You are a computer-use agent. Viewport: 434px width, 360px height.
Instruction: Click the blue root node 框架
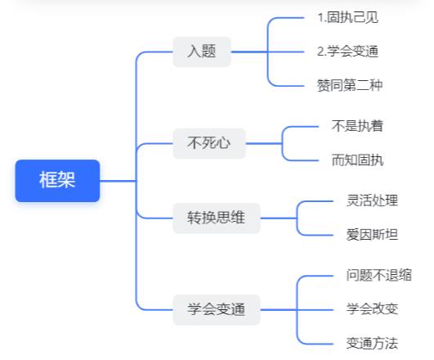coord(57,181)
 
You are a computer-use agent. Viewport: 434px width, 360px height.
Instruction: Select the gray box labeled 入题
coord(202,52)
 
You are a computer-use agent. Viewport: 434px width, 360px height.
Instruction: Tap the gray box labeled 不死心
coord(209,143)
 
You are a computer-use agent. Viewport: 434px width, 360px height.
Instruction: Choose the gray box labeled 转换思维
coord(217,218)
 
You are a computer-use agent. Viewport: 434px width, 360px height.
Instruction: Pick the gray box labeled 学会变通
coord(217,309)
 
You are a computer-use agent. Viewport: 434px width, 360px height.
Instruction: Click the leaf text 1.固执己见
coord(348,17)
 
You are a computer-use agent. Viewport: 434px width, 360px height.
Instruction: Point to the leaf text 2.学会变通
coord(347,52)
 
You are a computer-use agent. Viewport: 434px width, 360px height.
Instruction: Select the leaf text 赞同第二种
coord(350,85)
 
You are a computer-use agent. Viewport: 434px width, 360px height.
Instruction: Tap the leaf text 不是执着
coord(357,126)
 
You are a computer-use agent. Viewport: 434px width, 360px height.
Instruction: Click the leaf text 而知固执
coord(358,160)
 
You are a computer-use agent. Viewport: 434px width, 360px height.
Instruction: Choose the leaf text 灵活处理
coord(372,200)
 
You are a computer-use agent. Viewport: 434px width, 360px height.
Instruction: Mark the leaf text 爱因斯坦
coord(372,235)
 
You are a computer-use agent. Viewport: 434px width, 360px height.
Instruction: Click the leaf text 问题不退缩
coord(379,275)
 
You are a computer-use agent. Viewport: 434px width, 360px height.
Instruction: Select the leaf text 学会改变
coord(372,309)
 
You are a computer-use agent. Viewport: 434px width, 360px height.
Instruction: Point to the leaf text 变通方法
coord(372,344)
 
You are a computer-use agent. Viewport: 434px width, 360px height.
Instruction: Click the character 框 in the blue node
coord(48,180)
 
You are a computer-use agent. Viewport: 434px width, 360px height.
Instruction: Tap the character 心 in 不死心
coord(223,143)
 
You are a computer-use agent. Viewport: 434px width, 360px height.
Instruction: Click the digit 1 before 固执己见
coord(320,18)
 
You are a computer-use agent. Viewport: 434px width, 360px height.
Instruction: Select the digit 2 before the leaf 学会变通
coord(320,52)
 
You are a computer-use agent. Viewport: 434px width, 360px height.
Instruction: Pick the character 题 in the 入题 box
coord(209,52)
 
